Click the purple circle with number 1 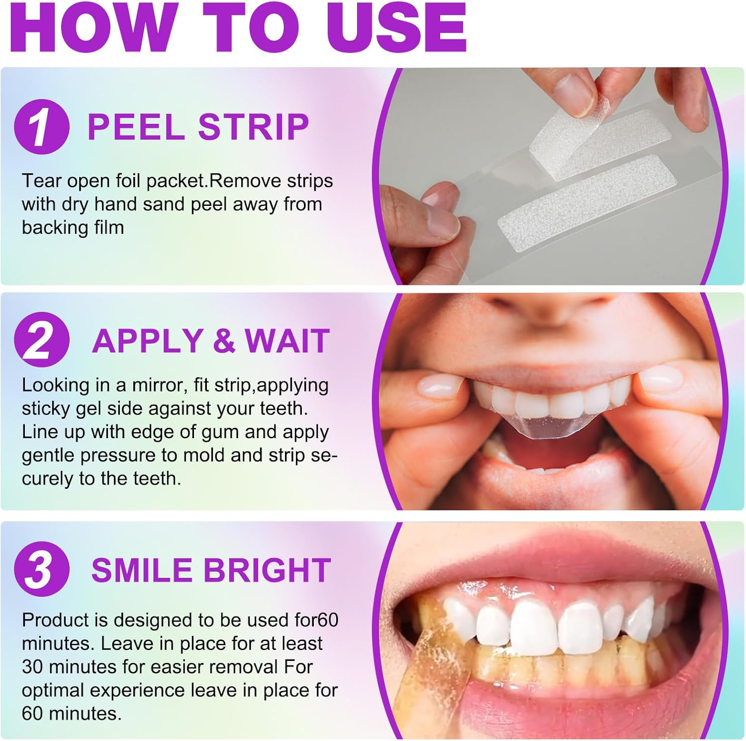pos(41,126)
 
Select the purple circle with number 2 pos(41,340)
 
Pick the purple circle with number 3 pos(41,569)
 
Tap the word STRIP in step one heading pos(254,127)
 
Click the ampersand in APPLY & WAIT pos(223,341)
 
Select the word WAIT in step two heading pos(287,341)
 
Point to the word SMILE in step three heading pos(143,570)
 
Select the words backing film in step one pos(73,228)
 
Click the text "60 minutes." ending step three pos(72,714)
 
